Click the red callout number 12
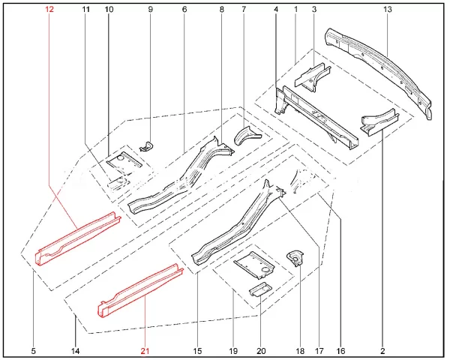click(49, 10)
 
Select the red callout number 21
click(145, 351)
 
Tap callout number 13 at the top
click(387, 10)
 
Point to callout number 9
click(151, 10)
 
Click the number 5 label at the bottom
click(34, 351)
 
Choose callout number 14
click(75, 351)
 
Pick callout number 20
click(261, 351)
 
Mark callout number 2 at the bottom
click(382, 351)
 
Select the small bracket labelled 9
click(147, 146)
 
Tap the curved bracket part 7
click(247, 136)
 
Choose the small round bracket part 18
click(295, 257)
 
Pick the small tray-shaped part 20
click(260, 289)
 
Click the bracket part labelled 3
click(312, 76)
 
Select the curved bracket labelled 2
click(379, 122)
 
